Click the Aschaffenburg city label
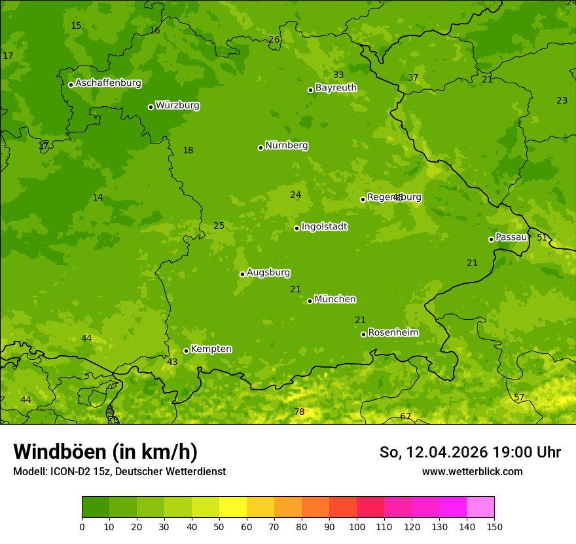click(x=108, y=83)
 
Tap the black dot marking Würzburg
click(x=151, y=107)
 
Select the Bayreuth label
click(x=336, y=88)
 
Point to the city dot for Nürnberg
click(x=261, y=147)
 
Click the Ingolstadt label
click(x=324, y=227)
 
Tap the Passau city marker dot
click(x=491, y=239)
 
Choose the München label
click(x=335, y=300)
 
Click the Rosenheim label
click(x=393, y=333)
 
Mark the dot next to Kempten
click(x=186, y=351)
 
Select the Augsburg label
click(x=268, y=273)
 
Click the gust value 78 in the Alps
click(x=299, y=412)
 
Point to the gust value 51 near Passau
click(x=542, y=237)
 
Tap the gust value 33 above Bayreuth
click(x=338, y=75)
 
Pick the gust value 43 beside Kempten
click(x=172, y=362)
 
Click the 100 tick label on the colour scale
click(x=357, y=527)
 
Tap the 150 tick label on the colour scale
click(x=494, y=527)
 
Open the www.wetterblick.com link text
click(x=472, y=471)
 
